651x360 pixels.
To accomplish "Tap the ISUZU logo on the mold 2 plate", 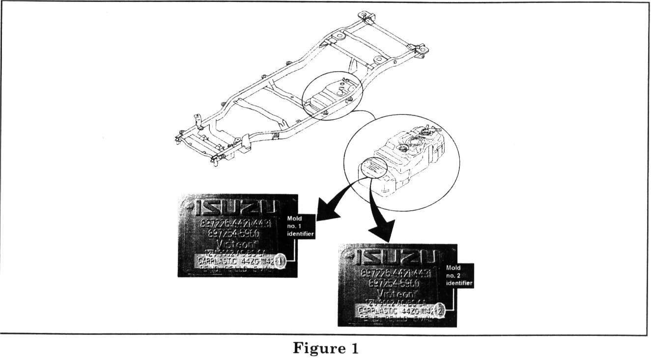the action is tap(396, 257).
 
